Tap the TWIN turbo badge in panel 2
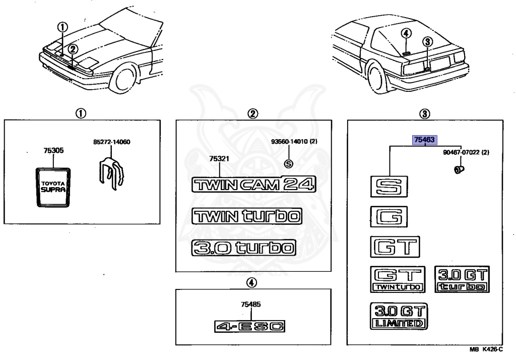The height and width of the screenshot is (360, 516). pos(247,216)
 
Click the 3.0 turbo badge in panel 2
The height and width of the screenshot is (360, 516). pos(243,248)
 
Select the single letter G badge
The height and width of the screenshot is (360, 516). pos(389,218)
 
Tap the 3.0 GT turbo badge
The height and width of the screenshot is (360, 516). pos(462,279)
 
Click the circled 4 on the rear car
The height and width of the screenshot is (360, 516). pos(407,33)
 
